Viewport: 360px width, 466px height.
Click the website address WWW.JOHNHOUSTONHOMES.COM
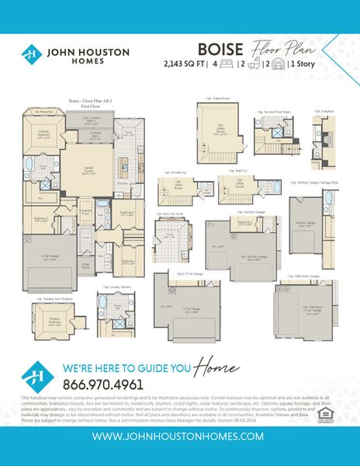[x=180, y=436]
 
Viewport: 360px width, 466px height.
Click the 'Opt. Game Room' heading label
[x=220, y=99]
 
